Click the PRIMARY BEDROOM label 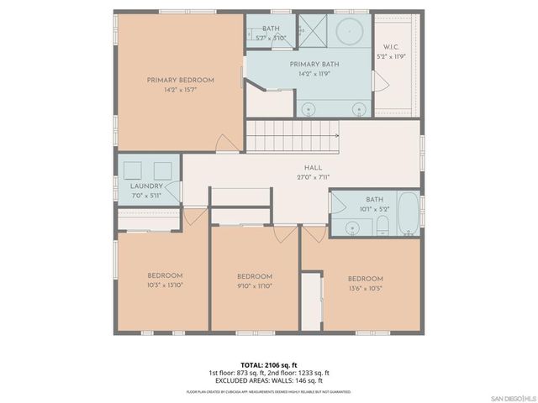(x=180, y=81)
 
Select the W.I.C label (x=395, y=47)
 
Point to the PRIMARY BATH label (x=314, y=64)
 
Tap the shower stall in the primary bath (x=309, y=32)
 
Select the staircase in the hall (x=292, y=135)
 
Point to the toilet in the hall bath (x=381, y=224)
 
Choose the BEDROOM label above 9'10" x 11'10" (x=254, y=277)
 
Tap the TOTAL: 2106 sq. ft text (x=269, y=364)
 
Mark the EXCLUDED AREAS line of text (x=269, y=380)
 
